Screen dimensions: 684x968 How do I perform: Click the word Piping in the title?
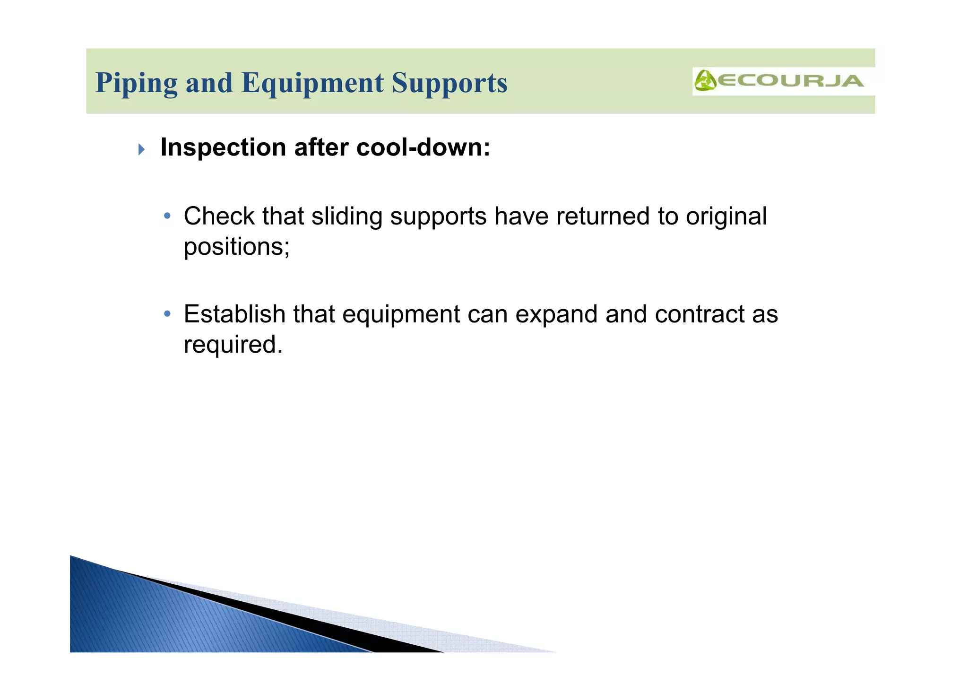tap(136, 83)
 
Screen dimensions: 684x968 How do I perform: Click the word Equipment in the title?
tap(312, 83)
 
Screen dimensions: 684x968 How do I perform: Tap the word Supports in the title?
tap(449, 83)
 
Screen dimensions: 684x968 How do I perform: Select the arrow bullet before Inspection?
tap(141, 150)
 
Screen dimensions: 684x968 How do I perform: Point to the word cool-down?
tap(423, 147)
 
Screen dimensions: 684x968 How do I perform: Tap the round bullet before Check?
tap(167, 216)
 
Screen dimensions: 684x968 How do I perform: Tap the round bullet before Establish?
tap(167, 314)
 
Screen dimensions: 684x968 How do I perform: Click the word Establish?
tap(234, 314)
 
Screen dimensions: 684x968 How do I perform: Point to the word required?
tap(233, 345)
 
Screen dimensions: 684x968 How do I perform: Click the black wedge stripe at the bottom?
tap(331, 624)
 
